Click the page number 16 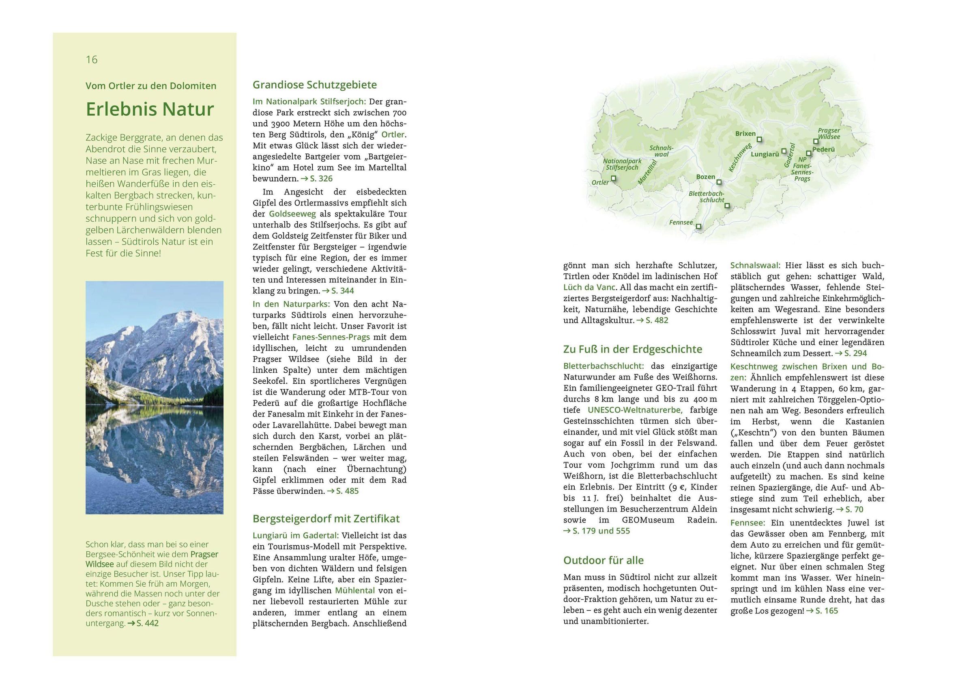pyautogui.click(x=92, y=59)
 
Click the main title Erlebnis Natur pyautogui.click(x=150, y=109)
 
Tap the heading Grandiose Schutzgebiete pyautogui.click(x=314, y=85)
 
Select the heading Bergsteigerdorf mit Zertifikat pyautogui.click(x=326, y=518)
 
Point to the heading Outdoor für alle pyautogui.click(x=603, y=560)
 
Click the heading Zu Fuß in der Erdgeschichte pyautogui.click(x=632, y=349)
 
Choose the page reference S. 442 pyautogui.click(x=145, y=623)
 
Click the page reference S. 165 pyautogui.click(x=825, y=611)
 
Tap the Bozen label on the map pyautogui.click(x=706, y=177)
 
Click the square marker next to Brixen pyautogui.click(x=759, y=139)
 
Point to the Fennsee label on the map pyautogui.click(x=681, y=222)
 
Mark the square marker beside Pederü pyautogui.click(x=809, y=153)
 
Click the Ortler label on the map pyautogui.click(x=600, y=182)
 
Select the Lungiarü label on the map pyautogui.click(x=765, y=154)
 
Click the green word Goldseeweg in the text pyautogui.click(x=292, y=214)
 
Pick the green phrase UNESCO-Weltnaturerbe pyautogui.click(x=634, y=410)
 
